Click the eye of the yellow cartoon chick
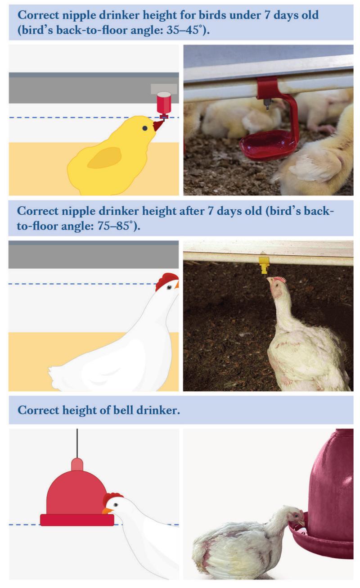(x=145, y=128)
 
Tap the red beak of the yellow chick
(x=157, y=126)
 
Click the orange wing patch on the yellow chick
(x=104, y=158)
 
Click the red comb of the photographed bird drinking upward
(x=280, y=279)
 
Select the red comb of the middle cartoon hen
(x=166, y=281)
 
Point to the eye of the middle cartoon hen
(x=169, y=287)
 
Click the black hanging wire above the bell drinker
(x=77, y=443)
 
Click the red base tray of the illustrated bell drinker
(x=77, y=520)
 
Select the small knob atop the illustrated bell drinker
(x=77, y=464)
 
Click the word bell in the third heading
(x=123, y=410)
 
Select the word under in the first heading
(x=245, y=15)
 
